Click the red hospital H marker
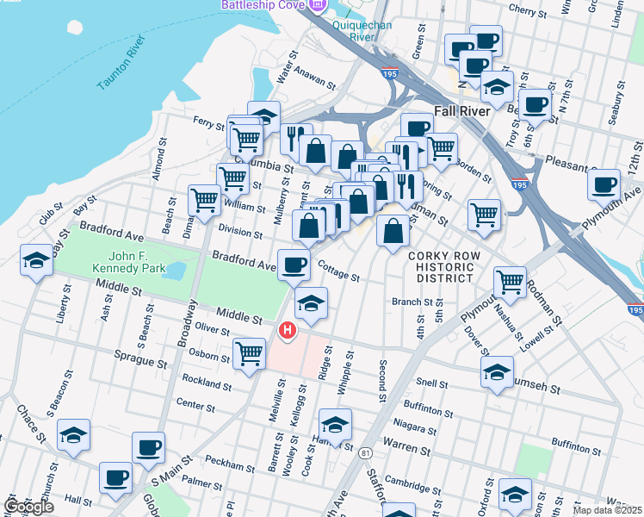pyautogui.click(x=287, y=330)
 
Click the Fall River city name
pyautogui.click(x=462, y=111)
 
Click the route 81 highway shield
pyautogui.click(x=368, y=452)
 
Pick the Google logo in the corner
pyautogui.click(x=29, y=507)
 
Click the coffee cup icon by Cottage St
pyautogui.click(x=294, y=264)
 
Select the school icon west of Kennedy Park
pyautogui.click(x=36, y=262)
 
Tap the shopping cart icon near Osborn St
pyautogui.click(x=249, y=352)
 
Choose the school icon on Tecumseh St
pyautogui.click(x=496, y=372)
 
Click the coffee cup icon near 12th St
pyautogui.click(x=604, y=183)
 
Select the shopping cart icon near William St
pyautogui.click(x=205, y=200)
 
